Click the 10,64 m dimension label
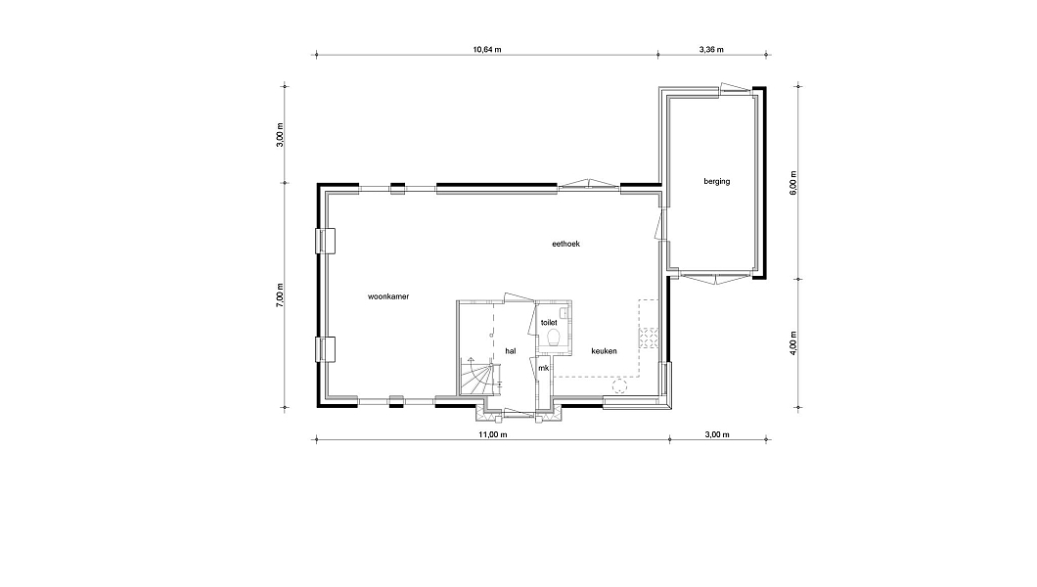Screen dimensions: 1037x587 (x=487, y=49)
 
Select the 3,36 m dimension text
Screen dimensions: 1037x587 (x=711, y=49)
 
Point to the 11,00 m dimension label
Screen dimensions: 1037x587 (x=493, y=434)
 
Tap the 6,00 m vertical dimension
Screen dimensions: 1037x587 (x=793, y=182)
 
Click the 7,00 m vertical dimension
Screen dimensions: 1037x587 (x=280, y=294)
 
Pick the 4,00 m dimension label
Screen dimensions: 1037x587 (x=793, y=343)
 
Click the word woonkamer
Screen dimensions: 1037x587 (x=388, y=296)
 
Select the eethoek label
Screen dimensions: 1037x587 (x=566, y=244)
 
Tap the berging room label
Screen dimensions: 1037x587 (x=717, y=181)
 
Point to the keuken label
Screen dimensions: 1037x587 (x=604, y=351)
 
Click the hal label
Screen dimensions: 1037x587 (x=511, y=351)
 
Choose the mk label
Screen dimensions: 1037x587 (x=543, y=368)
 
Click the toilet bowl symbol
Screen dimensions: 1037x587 (x=555, y=338)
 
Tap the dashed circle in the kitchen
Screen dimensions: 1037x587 (x=619, y=387)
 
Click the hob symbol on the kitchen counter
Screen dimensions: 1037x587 (x=649, y=338)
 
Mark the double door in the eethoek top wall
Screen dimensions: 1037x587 (x=589, y=185)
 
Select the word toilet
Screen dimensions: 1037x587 (x=549, y=323)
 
